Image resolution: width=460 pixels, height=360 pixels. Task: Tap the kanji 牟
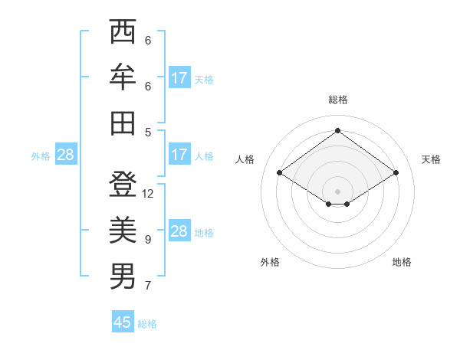pos(123,77)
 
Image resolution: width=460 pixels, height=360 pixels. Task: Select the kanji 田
pos(123,123)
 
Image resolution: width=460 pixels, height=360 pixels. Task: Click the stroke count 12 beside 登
pos(148,194)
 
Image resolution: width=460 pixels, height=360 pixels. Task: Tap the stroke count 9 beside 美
pos(148,240)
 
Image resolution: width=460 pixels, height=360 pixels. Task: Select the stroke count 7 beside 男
pos(148,286)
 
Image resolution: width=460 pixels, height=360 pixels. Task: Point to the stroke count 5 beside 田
pos(148,131)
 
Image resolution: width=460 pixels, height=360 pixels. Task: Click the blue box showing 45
pos(123,322)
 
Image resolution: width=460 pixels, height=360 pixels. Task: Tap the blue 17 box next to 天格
pos(179,78)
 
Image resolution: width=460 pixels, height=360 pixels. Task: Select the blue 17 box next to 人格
pos(179,155)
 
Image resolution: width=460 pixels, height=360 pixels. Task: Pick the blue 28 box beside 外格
pos(65,155)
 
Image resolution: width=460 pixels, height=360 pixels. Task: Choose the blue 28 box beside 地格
pos(179,231)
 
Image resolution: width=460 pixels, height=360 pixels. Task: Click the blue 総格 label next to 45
pos(147,324)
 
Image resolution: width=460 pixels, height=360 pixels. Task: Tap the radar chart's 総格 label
pos(337,100)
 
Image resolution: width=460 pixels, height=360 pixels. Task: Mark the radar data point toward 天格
pos(396,173)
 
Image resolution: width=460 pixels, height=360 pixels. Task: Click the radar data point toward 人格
pos(280,173)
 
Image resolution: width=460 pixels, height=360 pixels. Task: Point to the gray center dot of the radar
pos(337,190)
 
